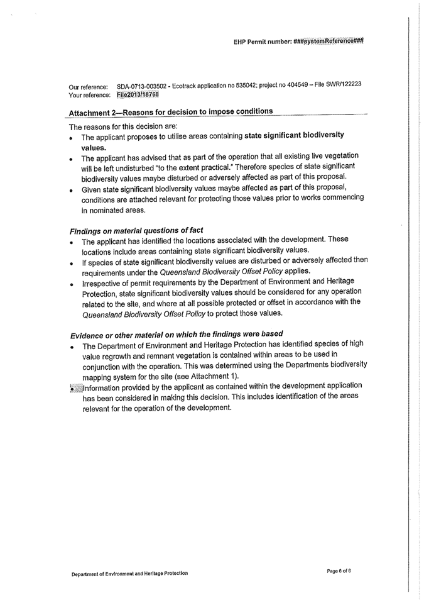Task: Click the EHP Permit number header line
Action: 298,42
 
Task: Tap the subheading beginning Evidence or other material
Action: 176,333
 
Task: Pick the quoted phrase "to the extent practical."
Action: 207,167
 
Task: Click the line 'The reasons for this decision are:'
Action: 119,126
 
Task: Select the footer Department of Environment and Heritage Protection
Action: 129,573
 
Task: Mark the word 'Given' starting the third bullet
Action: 92,187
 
